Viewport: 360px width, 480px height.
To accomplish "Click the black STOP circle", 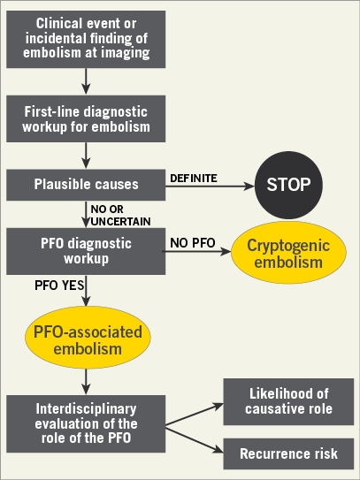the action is pos(288,185).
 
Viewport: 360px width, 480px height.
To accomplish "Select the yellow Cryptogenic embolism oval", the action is pos(288,253).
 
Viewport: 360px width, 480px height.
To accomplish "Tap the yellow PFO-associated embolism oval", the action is pos(88,338).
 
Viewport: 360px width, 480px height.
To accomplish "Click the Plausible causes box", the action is pos(86,186).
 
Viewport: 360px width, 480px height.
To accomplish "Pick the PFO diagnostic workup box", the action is pos(86,251).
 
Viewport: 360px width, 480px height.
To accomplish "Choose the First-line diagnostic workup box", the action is pos(86,118).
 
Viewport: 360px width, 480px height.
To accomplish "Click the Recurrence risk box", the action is pos(288,453).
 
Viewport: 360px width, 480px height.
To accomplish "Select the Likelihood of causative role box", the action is pos(288,401).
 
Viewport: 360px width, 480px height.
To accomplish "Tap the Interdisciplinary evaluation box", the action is pos(86,424).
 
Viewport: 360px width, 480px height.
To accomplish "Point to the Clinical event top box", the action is pos(86,39).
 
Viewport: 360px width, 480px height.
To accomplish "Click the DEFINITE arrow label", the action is pos(194,179).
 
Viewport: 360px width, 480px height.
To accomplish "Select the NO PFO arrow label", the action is pos(193,243).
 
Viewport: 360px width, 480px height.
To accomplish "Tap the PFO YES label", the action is pos(59,286).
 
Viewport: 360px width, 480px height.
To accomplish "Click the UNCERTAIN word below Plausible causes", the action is pos(120,222).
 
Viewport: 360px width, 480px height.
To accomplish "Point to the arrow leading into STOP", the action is pos(211,186).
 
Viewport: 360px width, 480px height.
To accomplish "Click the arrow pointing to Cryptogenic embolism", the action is pos(196,252).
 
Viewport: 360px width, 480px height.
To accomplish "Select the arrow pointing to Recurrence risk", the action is pos(195,439).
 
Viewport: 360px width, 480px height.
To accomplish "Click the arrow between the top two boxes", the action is pos(86,81).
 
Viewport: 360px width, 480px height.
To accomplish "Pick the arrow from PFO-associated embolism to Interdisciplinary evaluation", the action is pos(86,382).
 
